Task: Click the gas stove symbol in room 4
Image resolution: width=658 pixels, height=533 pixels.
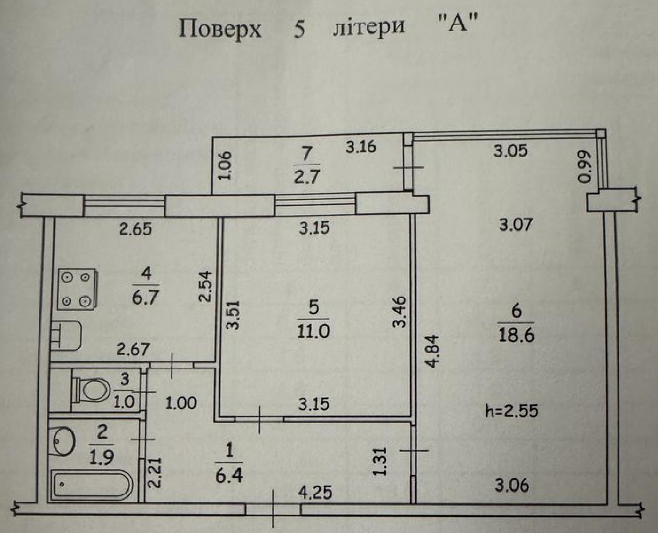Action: [x=78, y=289]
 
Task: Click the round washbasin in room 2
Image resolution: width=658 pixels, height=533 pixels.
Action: [x=63, y=440]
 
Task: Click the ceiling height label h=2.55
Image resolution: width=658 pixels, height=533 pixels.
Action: [x=511, y=411]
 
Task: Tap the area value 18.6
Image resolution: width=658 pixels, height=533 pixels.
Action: [x=516, y=336]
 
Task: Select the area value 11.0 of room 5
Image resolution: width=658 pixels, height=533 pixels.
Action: [x=313, y=330]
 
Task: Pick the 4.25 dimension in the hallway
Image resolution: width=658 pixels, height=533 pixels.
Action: [x=315, y=492]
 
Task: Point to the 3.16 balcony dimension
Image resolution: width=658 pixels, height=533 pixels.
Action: [x=361, y=147]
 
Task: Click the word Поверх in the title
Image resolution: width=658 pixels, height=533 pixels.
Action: [x=219, y=29]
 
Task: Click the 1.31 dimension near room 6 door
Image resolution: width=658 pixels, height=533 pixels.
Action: [x=380, y=461]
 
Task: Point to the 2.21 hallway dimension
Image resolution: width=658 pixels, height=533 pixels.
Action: [x=157, y=473]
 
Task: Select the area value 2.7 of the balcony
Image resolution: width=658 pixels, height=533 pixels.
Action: [x=307, y=176]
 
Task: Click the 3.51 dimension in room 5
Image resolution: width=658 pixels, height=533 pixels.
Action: [x=234, y=314]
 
